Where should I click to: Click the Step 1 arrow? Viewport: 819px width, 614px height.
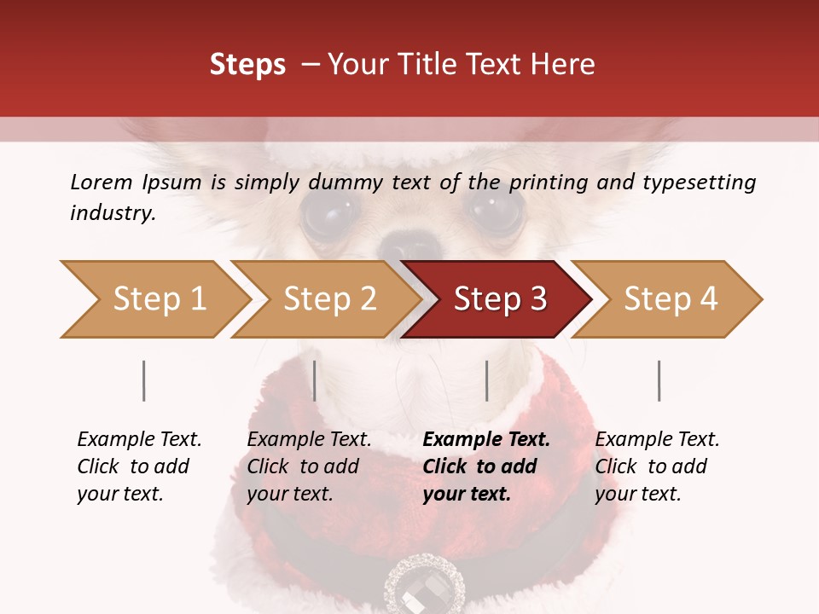(154, 299)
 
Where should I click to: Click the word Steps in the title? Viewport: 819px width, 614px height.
(247, 64)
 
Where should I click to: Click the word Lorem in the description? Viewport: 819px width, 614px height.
(102, 182)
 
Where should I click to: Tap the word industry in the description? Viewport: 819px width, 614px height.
(113, 213)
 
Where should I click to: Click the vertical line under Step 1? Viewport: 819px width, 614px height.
(143, 380)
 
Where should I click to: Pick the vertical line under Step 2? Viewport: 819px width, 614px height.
(315, 380)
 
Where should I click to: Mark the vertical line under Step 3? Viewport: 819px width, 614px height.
(486, 380)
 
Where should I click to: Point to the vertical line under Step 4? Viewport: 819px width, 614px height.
(659, 380)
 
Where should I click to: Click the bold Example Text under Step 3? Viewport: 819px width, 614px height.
(486, 440)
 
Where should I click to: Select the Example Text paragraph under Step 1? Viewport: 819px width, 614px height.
(139, 466)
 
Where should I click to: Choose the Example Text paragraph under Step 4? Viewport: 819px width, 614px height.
(657, 466)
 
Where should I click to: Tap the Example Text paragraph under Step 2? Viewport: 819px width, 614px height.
(309, 466)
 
